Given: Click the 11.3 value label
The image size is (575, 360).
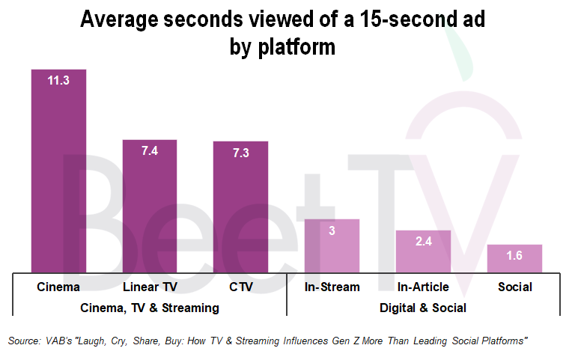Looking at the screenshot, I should pyautogui.click(x=58, y=81).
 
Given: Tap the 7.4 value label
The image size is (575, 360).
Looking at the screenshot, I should pyautogui.click(x=150, y=151).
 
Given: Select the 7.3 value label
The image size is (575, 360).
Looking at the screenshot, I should pyautogui.click(x=240, y=153).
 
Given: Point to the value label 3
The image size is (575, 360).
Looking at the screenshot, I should pyautogui.click(x=332, y=231).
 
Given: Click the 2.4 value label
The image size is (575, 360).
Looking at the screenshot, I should pyautogui.click(x=423, y=242).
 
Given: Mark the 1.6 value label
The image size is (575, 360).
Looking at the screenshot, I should pyautogui.click(x=514, y=256).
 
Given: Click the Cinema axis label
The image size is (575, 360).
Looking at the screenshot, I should pyautogui.click(x=58, y=287).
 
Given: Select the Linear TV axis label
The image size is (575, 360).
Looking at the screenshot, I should pyautogui.click(x=150, y=287).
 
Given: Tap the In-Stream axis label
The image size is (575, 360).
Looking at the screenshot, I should pyautogui.click(x=332, y=287).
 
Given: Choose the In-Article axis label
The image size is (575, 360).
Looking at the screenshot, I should pyautogui.click(x=423, y=287).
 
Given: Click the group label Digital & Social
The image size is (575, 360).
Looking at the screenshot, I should pyautogui.click(x=423, y=308).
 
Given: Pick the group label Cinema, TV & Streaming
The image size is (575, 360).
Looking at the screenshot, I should pyautogui.click(x=150, y=308).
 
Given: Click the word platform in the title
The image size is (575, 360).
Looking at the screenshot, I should pyautogui.click(x=297, y=47).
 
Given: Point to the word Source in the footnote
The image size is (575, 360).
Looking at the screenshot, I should pyautogui.click(x=24, y=341).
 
